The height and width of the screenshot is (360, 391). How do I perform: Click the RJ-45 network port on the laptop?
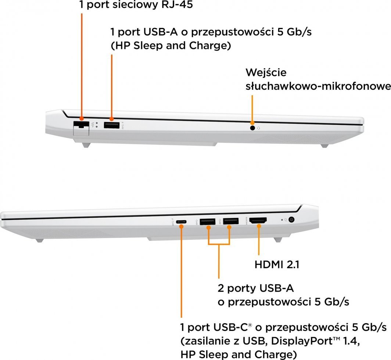point(81,126)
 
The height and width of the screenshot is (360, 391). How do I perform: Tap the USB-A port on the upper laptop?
point(111,125)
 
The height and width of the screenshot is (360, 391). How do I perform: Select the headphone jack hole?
point(252,128)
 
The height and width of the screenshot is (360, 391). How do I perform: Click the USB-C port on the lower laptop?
point(181,222)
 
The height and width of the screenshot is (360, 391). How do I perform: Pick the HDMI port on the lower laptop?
point(258,221)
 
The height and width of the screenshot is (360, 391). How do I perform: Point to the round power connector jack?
point(292,220)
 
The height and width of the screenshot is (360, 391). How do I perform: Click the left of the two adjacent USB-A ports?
point(208,221)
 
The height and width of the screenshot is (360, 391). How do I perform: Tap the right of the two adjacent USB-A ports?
point(230,221)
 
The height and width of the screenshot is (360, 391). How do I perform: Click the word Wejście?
point(266,72)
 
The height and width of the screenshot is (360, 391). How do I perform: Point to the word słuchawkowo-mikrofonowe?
point(318,86)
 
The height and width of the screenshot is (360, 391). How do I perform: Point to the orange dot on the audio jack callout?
point(252,123)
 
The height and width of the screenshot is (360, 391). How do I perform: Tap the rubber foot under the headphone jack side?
point(324,146)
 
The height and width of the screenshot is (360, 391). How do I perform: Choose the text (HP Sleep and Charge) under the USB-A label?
point(171,46)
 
